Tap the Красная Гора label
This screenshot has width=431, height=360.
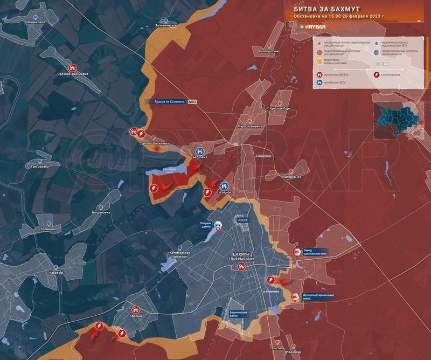pyautogui.click(x=280, y=108)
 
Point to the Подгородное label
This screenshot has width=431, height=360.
pyautogui.click(x=290, y=177)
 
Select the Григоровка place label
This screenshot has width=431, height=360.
pyautogui.click(x=40, y=167)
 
